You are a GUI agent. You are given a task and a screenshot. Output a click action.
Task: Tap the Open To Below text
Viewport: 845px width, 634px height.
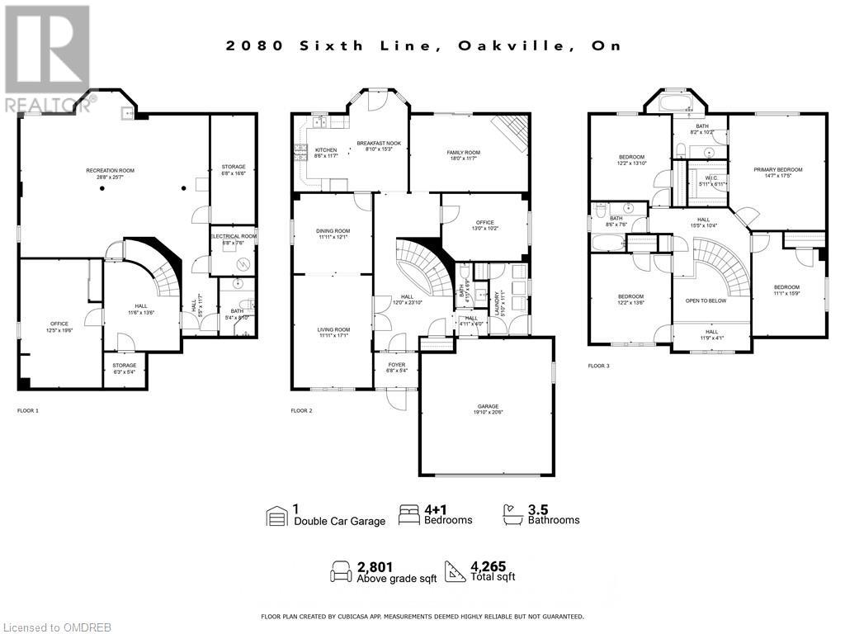(x=706, y=300)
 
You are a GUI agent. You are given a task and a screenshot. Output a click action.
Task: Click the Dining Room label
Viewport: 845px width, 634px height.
(x=333, y=234)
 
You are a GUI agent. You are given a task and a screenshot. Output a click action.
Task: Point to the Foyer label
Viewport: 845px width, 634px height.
(x=397, y=367)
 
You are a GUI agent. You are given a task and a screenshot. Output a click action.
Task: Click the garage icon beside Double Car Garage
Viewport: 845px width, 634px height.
(x=276, y=516)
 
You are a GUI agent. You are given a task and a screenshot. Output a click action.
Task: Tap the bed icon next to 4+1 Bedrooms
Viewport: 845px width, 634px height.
(x=409, y=515)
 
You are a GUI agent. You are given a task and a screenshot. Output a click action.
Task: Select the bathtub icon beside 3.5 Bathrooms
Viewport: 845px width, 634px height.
(x=512, y=515)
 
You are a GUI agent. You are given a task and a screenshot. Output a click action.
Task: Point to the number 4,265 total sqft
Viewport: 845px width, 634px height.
(x=486, y=566)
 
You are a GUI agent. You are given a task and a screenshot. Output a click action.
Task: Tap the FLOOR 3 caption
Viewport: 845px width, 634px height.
(x=599, y=365)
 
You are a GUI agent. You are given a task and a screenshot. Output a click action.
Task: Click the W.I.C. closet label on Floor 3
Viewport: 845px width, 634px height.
(x=711, y=180)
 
